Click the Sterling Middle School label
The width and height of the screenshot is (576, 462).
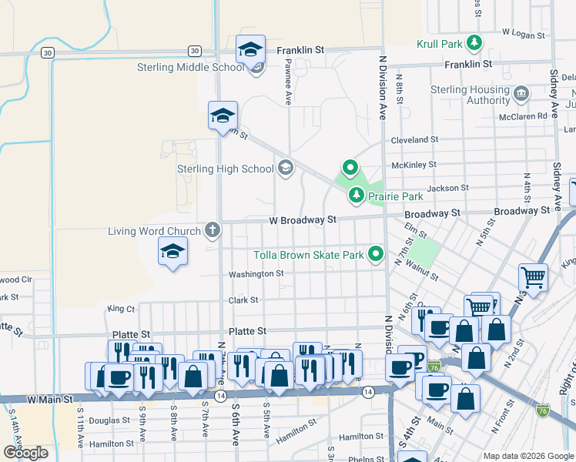coord(191,67)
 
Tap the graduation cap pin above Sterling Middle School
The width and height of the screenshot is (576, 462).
coord(250,49)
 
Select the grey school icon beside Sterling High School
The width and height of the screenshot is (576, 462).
coord(286,169)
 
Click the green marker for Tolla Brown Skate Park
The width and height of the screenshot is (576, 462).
coord(376,253)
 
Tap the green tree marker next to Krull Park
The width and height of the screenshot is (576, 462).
coord(476,42)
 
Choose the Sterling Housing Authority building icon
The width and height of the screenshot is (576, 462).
coord(521,95)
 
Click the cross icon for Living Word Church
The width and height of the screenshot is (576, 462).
coord(213,229)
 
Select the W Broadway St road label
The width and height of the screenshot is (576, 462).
coord(303,219)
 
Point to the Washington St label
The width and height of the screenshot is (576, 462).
coord(256,273)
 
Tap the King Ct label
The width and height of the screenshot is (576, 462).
coord(122,308)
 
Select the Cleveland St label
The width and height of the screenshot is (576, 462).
coord(414,140)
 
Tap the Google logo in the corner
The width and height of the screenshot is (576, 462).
coord(25,453)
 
